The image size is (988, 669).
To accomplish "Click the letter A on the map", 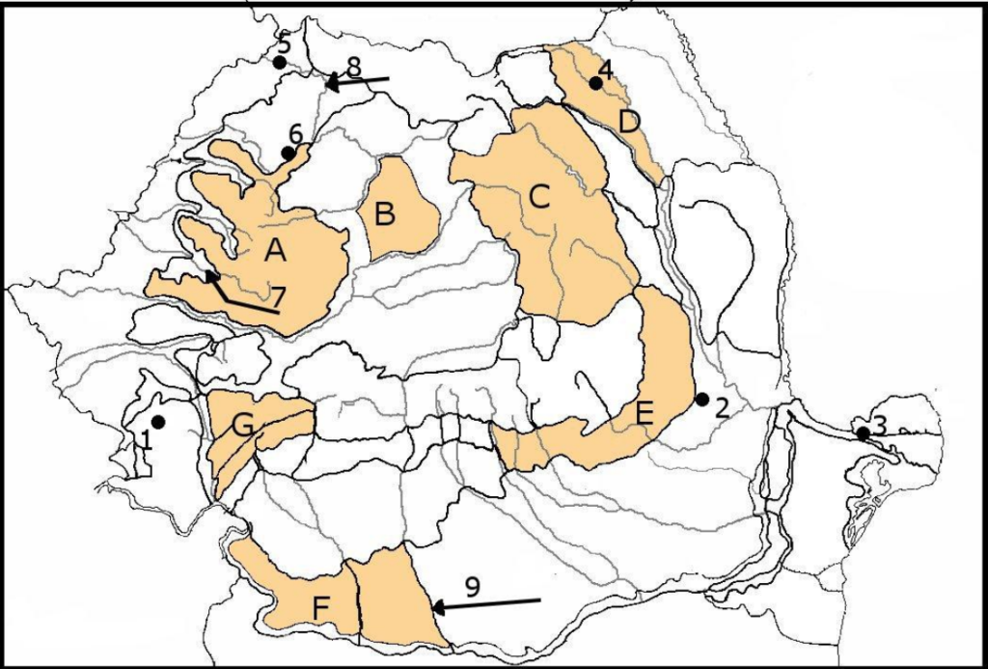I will tap(276, 251).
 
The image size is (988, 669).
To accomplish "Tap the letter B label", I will tap(385, 214).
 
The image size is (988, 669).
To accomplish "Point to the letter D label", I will tap(629, 123).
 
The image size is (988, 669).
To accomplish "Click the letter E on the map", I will tap(645, 415).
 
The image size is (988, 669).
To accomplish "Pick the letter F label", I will tap(321, 608).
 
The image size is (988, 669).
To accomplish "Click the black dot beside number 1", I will tap(157, 422).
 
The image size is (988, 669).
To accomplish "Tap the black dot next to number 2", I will tap(702, 399).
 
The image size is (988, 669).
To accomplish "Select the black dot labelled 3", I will tap(864, 434).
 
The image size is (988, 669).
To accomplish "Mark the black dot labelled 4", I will tap(595, 83).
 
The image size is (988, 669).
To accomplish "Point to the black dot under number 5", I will tap(279, 63).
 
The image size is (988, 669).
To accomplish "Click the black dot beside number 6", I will tap(288, 153).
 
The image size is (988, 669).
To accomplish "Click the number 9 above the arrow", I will tap(474, 586).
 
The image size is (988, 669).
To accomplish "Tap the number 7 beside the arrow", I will tap(280, 294).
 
